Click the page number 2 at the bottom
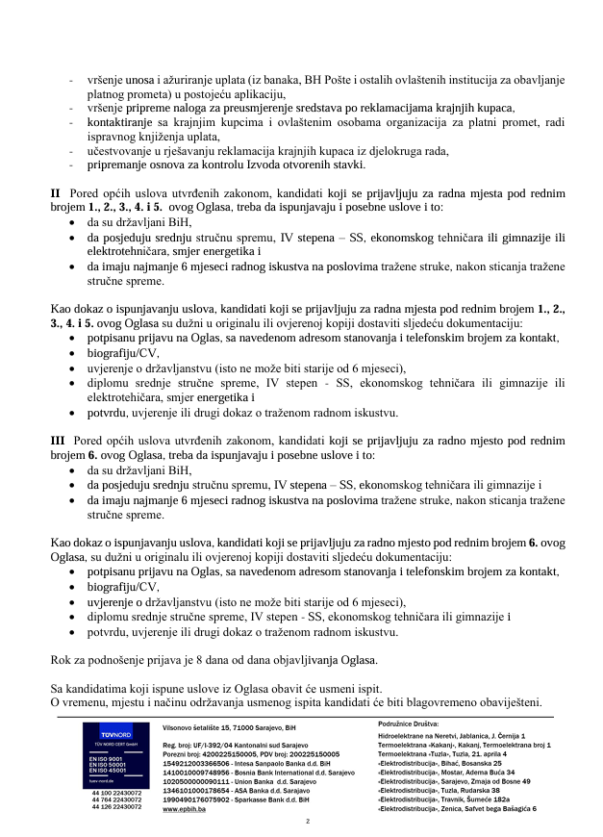coord(306,822)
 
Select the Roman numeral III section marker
coord(57,440)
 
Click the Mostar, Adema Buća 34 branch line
coord(446,772)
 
